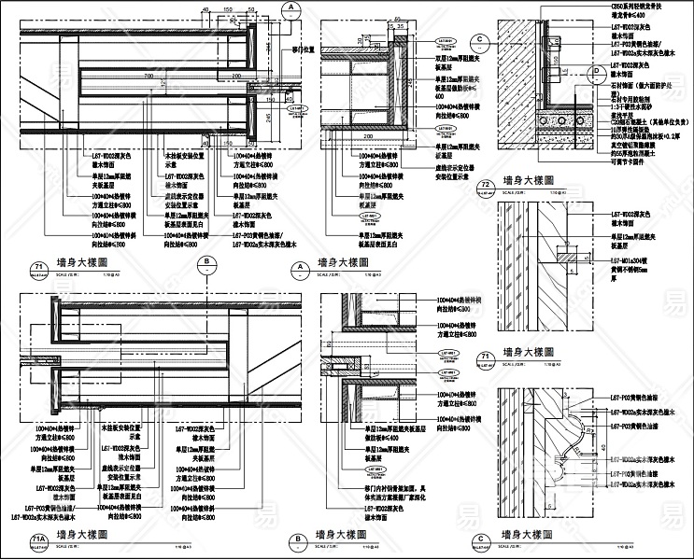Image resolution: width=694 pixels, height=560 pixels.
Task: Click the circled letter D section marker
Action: (597, 71)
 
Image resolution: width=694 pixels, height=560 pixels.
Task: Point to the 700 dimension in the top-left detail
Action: (149, 75)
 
